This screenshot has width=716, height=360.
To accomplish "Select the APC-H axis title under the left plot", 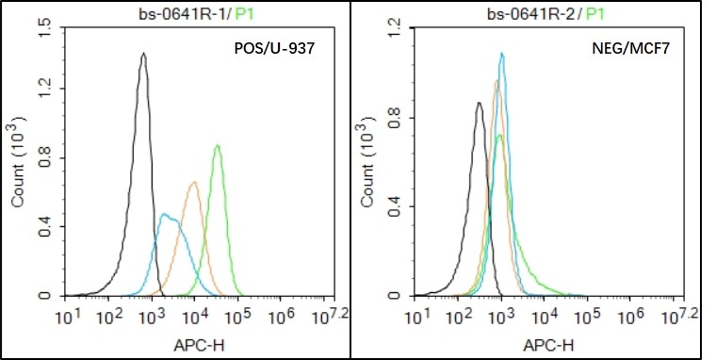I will click(196, 346).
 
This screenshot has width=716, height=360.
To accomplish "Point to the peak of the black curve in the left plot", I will click(142, 54).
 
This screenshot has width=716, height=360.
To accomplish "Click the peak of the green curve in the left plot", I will click(218, 145).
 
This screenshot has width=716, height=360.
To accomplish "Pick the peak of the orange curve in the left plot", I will click(194, 182).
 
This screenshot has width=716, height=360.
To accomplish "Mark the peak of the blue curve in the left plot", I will click(165, 215).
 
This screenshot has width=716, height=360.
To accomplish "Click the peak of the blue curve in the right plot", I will click(502, 54).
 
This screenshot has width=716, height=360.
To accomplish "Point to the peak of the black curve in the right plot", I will click(479, 104).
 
